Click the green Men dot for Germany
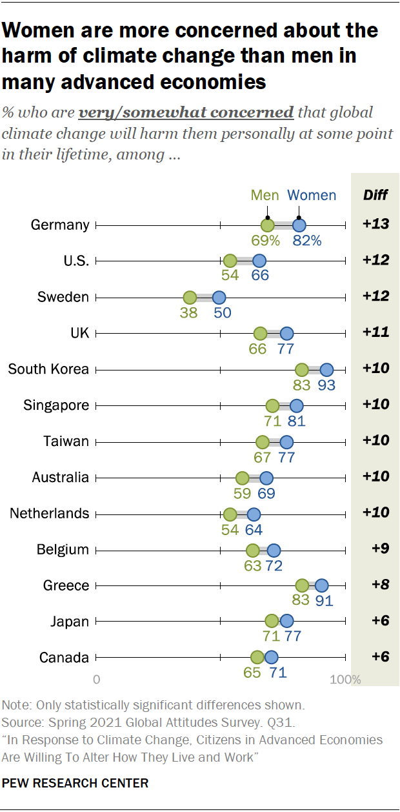point(268,225)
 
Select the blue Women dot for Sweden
point(219,298)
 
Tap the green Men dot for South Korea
point(302,370)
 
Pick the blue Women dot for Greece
point(321,585)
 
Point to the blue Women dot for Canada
point(272,658)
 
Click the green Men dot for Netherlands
point(230,514)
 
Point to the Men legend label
point(265,195)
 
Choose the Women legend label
point(312,195)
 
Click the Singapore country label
point(56,405)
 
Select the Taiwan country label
point(66,442)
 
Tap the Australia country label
point(61,478)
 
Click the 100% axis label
point(346,680)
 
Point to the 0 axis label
point(97,680)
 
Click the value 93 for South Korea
point(326,385)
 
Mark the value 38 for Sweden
point(190,313)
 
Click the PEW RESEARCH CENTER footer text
point(75,784)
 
